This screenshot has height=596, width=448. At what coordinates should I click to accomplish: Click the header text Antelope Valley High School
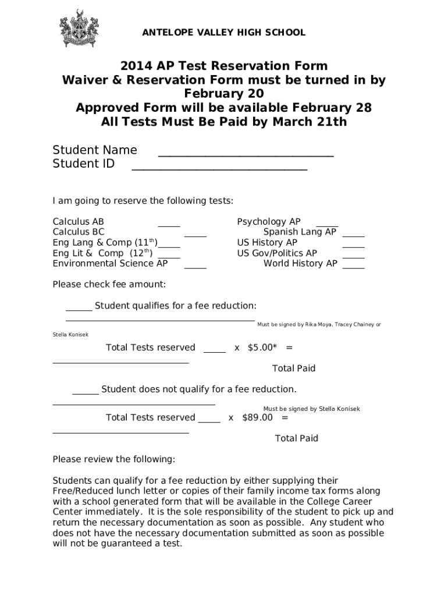tap(223, 33)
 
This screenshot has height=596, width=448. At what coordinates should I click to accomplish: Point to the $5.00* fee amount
tap(262, 347)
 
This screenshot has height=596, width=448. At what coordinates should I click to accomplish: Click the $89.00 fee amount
tap(257, 417)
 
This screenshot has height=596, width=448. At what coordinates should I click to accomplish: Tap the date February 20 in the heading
tap(224, 94)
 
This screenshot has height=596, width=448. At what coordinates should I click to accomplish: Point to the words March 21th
tap(315, 122)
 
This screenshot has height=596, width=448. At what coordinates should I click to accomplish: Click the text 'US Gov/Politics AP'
tap(277, 253)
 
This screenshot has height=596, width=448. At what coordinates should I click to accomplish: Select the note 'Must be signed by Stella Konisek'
tap(311, 409)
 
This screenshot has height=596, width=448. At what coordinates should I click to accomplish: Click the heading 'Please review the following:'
tap(113, 459)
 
